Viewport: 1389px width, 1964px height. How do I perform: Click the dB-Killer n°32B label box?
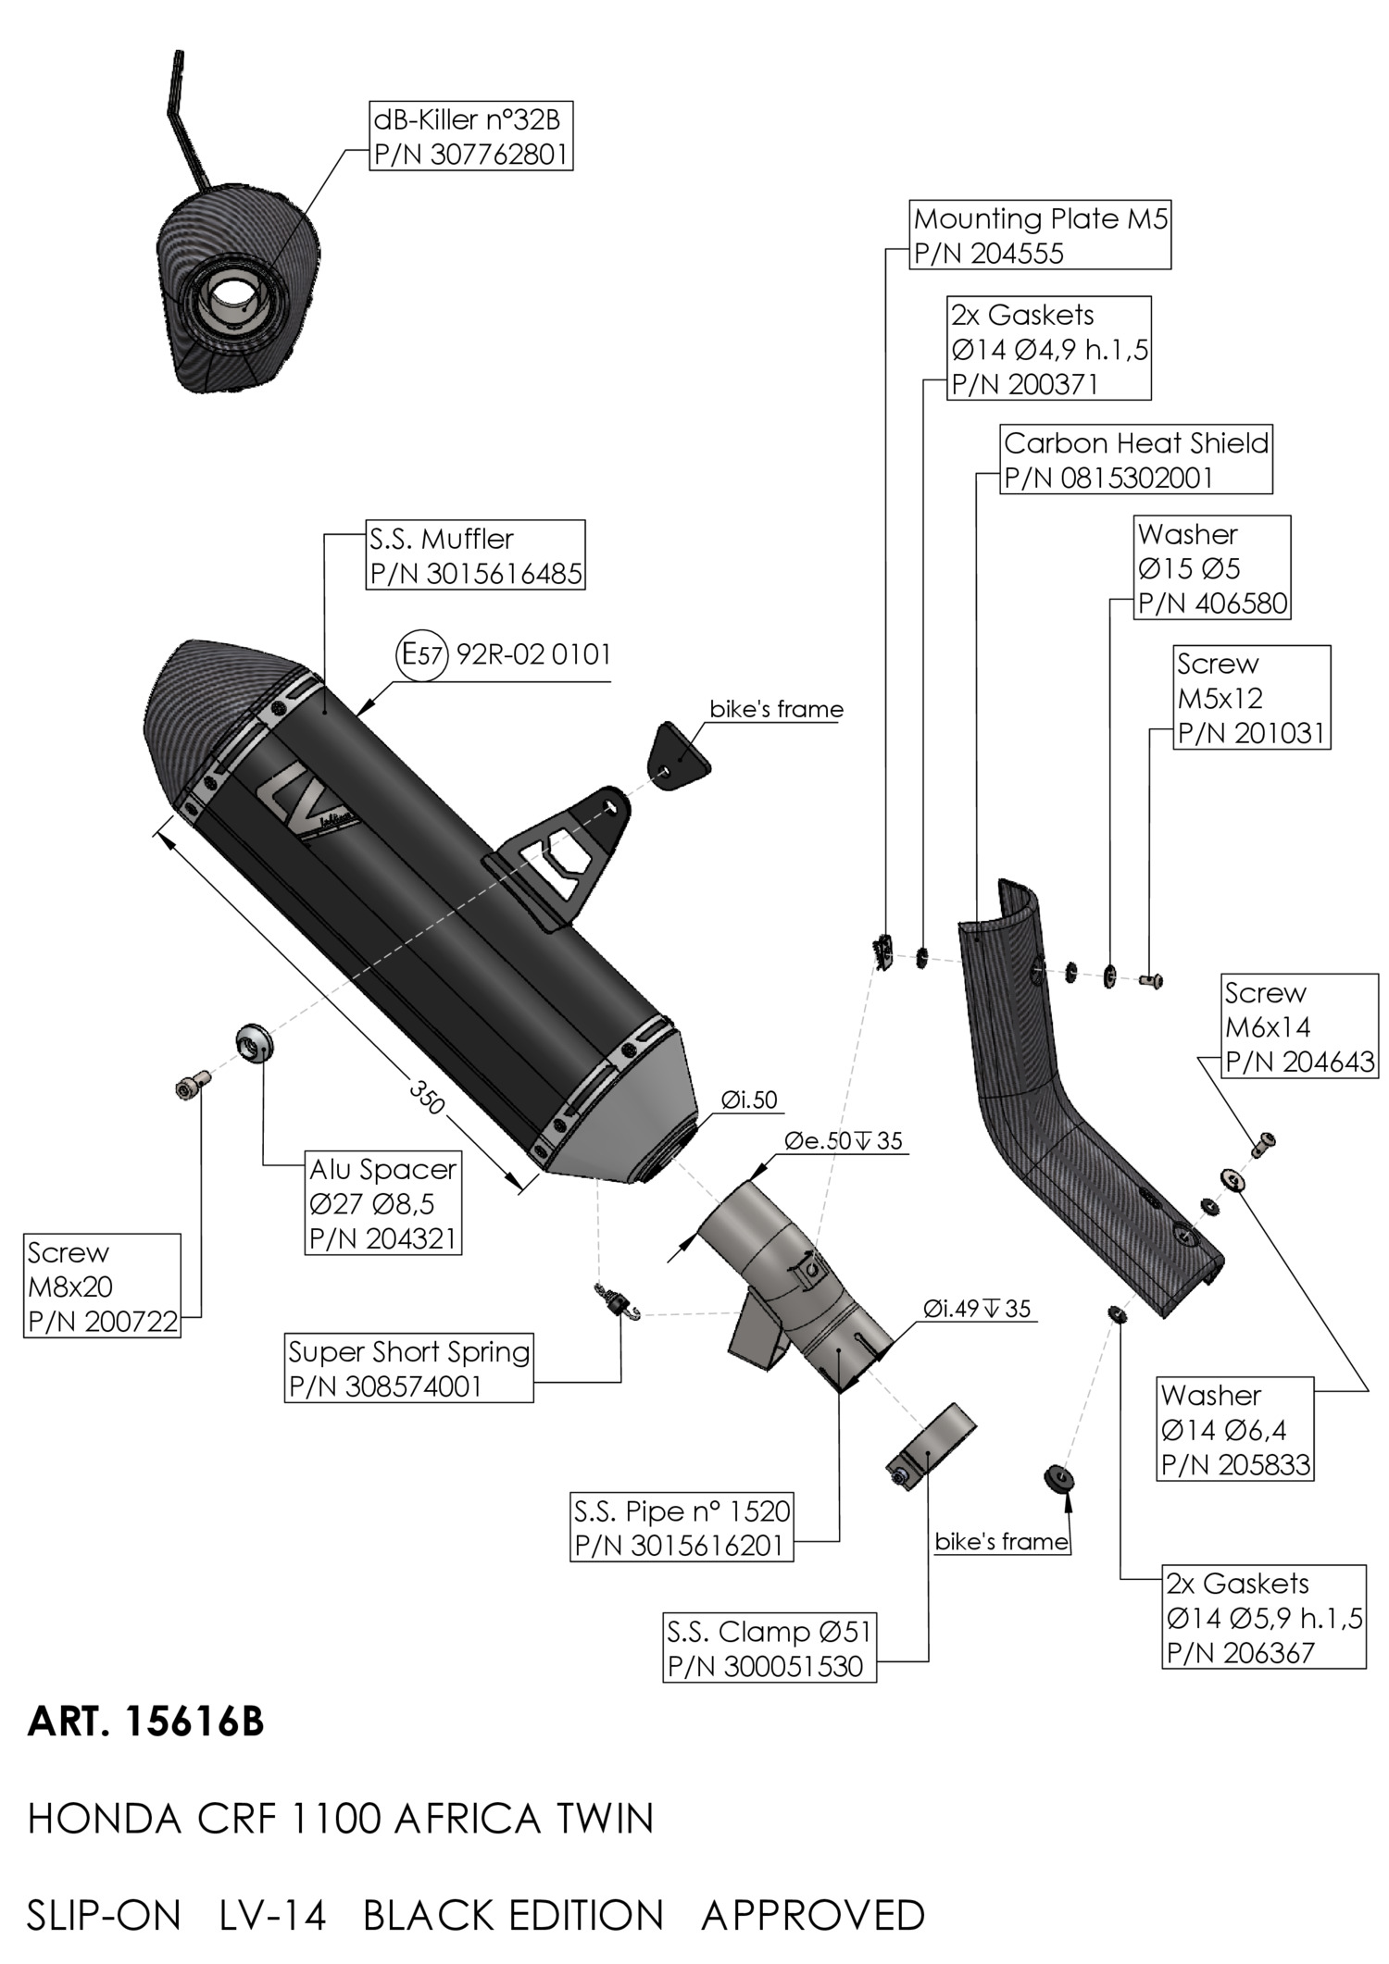(x=469, y=136)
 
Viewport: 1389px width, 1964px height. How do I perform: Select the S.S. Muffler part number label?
(x=475, y=555)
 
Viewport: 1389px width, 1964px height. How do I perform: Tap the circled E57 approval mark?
(x=421, y=655)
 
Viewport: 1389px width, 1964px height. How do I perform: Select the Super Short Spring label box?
(x=408, y=1369)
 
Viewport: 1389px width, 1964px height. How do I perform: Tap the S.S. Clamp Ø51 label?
(x=769, y=1648)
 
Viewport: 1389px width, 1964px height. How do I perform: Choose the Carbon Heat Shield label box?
(x=1135, y=460)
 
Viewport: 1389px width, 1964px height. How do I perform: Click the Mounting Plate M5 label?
(x=1040, y=235)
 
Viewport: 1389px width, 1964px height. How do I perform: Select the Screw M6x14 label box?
(x=1299, y=1026)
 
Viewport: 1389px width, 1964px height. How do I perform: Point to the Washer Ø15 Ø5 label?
(x=1212, y=567)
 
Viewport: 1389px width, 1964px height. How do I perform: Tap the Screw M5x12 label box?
(x=1251, y=697)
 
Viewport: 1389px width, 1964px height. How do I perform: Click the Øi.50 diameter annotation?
(x=749, y=1100)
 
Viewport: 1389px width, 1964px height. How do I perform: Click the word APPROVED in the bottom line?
(x=813, y=1915)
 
